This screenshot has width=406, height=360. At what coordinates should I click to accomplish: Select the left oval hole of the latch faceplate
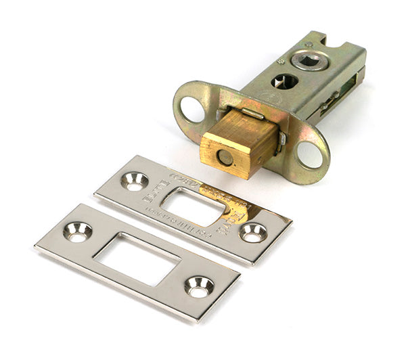click(191, 109)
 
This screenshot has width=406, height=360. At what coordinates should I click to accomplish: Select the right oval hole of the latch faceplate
click(310, 154)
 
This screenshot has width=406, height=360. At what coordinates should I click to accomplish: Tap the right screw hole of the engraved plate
click(254, 232)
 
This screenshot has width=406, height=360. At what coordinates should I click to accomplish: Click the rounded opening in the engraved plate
click(194, 206)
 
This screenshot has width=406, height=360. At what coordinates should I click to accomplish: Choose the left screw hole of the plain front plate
click(77, 231)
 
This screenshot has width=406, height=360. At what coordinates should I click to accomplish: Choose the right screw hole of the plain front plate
click(199, 286)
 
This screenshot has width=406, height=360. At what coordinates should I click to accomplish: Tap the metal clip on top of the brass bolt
click(251, 114)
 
